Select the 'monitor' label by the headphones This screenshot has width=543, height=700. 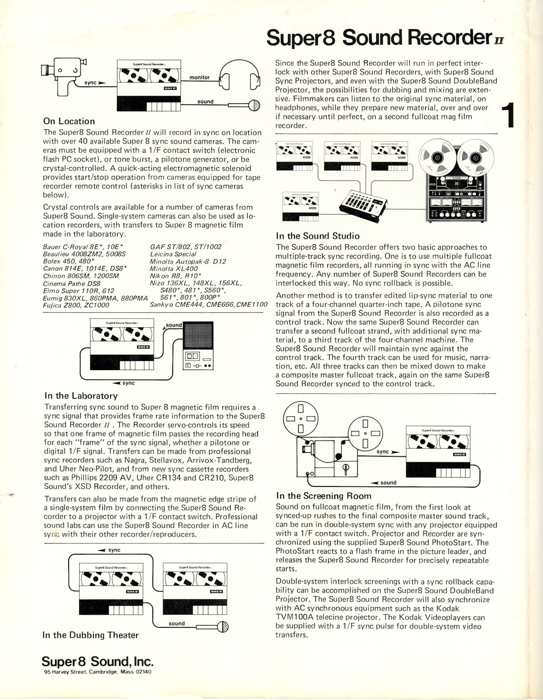200,77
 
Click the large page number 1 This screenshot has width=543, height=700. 508,115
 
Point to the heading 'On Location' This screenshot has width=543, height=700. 69,121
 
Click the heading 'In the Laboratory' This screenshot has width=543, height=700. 81,396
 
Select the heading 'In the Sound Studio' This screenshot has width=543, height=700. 317,236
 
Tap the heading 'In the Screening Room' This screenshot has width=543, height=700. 324,496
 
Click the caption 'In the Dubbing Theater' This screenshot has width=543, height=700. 90,635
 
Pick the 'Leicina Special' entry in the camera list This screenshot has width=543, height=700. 173,254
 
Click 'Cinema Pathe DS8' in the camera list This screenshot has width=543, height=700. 72,284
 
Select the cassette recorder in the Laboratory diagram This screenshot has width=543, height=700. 198,345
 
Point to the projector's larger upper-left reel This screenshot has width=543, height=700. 301,419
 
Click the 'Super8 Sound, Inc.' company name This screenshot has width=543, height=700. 97,661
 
